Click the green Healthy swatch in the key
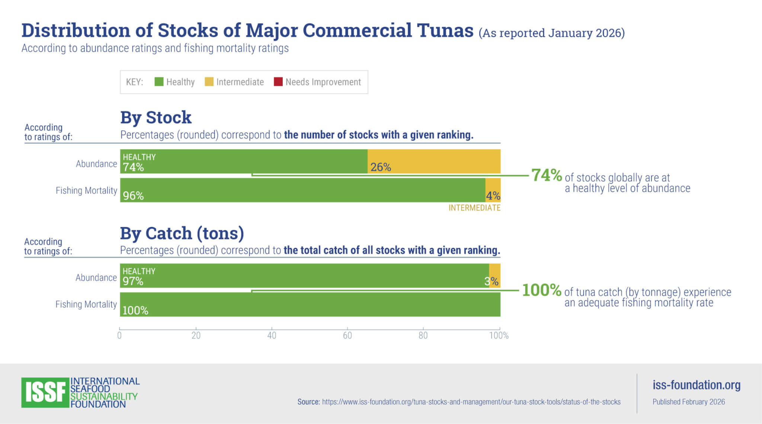pos(159,82)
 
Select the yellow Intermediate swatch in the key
pos(209,82)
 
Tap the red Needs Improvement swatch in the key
pos(278,82)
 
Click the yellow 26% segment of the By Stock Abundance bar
pos(434,161)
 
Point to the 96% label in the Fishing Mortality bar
pos(133,196)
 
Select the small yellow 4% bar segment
pos(493,190)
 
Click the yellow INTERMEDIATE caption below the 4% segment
pos(474,208)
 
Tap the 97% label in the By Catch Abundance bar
pos(133,281)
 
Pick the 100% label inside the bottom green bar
pos(135,310)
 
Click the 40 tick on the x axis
pos(272,335)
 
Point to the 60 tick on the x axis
pos(348,335)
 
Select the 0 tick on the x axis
pos(119,335)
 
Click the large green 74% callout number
pos(546,175)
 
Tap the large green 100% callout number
pos(541,290)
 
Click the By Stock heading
pos(156,117)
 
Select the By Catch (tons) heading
pos(182,233)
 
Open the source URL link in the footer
pos(471,402)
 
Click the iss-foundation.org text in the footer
pos(697,385)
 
